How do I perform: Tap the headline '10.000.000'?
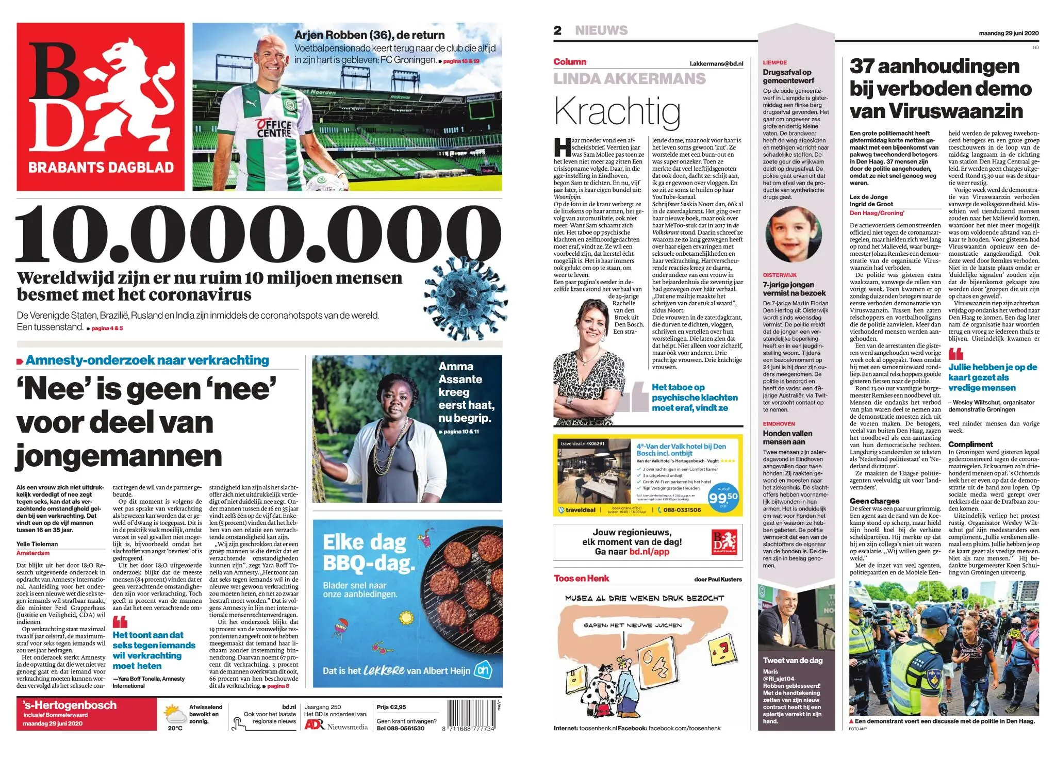click(x=258, y=235)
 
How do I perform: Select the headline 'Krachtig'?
click(x=617, y=111)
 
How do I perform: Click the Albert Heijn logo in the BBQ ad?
click(x=483, y=670)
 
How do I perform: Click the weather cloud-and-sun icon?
click(x=175, y=715)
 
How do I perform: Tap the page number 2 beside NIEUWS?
click(x=557, y=30)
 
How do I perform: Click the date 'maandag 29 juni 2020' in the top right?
click(x=1009, y=33)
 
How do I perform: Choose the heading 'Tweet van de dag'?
click(x=793, y=660)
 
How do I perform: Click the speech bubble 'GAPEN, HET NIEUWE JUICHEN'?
click(x=632, y=625)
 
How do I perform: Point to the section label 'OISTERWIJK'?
click(x=780, y=275)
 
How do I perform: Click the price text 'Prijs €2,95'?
click(x=391, y=707)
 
